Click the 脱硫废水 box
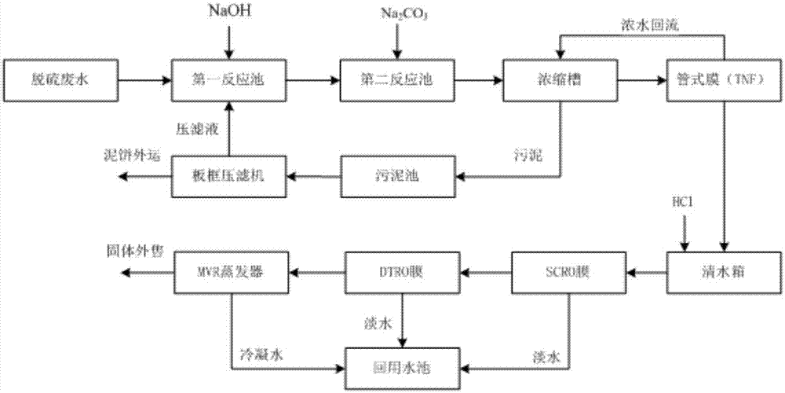coord(60,79)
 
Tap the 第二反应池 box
coord(395,79)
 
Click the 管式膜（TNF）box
coord(724,79)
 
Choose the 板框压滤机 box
coord(228,174)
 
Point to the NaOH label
coord(227,13)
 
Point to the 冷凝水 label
coord(258,355)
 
